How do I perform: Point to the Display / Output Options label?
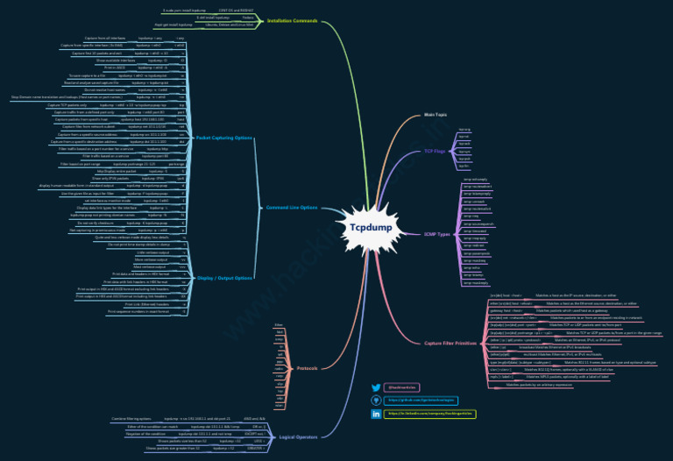click(x=224, y=278)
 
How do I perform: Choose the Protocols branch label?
click(x=308, y=367)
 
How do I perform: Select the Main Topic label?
click(x=436, y=115)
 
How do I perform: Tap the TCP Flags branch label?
click(x=436, y=152)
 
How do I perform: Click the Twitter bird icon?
click(x=376, y=387)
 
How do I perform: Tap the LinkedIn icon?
click(x=376, y=413)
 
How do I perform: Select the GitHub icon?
click(x=376, y=400)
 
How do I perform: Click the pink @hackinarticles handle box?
click(x=402, y=387)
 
